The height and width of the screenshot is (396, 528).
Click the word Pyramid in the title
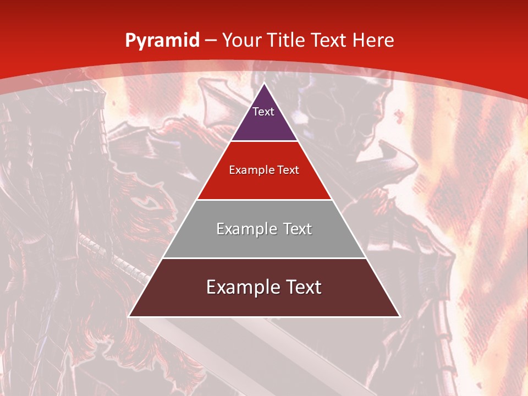[x=162, y=41]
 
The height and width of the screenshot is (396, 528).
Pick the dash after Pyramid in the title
[x=211, y=41]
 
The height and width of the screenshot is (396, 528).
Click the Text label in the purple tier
[x=263, y=112]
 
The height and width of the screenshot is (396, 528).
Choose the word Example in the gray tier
[x=245, y=229]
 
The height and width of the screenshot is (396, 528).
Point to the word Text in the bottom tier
[x=302, y=287]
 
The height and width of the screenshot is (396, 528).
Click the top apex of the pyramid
[x=264, y=84]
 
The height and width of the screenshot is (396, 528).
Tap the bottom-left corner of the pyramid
[x=129, y=316]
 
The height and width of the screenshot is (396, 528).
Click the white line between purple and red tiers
[x=264, y=141]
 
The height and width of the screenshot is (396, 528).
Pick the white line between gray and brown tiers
[x=264, y=258]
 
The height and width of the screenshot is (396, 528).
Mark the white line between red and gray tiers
[x=264, y=200]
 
